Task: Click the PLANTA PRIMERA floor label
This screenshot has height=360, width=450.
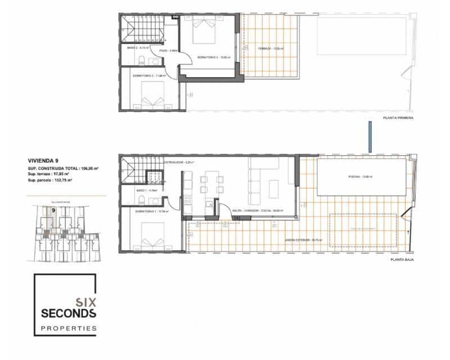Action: pos(398,118)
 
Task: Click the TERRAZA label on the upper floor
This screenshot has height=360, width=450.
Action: pos(269,49)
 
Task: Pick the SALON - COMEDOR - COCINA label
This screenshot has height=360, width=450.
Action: pos(258,211)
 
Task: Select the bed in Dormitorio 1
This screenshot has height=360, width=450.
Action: pos(151,236)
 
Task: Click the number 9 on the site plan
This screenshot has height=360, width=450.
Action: pos(53,210)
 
